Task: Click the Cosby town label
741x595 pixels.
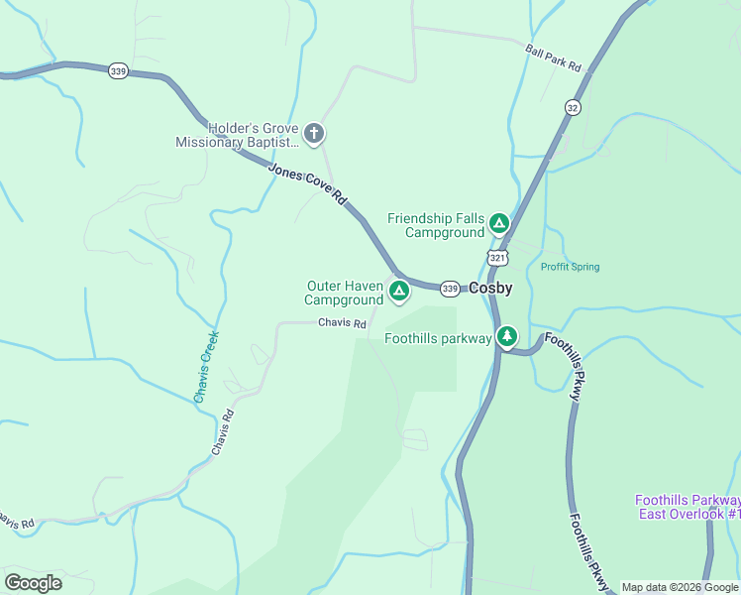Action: (490, 288)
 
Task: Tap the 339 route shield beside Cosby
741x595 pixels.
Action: (450, 288)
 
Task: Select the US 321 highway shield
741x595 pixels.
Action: (497, 258)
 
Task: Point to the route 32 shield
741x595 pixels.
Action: (573, 107)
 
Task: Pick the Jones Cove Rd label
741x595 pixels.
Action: (308, 183)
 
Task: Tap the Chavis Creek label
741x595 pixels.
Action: (206, 365)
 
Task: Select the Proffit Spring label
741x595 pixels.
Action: (570, 267)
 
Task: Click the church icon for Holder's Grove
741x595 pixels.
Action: (314, 133)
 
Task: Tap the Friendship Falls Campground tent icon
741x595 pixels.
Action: (499, 223)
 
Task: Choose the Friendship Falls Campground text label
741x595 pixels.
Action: (436, 225)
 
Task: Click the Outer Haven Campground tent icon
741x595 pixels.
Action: (398, 291)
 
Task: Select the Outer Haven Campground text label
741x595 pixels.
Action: (344, 293)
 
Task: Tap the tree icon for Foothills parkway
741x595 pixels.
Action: (507, 337)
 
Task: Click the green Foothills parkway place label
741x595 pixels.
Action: (438, 338)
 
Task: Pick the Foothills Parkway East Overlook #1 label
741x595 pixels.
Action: (688, 507)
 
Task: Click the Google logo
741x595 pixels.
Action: (33, 583)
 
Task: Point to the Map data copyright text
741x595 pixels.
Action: (680, 587)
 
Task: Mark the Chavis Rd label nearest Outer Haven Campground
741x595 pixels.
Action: (343, 323)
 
